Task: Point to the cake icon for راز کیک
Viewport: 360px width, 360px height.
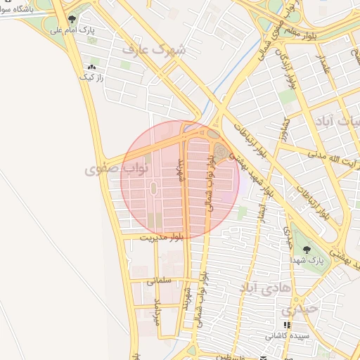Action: [x=91, y=67]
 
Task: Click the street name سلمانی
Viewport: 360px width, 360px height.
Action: [x=160, y=281]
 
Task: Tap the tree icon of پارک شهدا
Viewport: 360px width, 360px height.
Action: [x=304, y=249]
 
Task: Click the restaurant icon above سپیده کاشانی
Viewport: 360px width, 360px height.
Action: [x=286, y=325]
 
